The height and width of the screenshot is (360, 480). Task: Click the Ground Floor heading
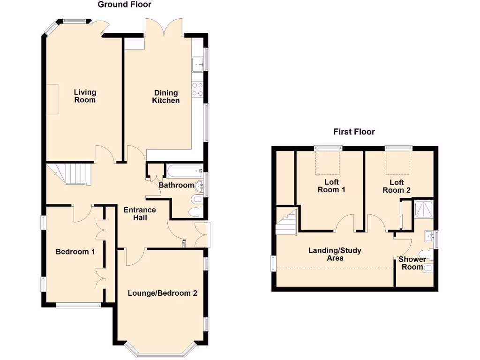tap(124, 5)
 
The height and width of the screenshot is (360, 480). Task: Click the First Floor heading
tap(354, 132)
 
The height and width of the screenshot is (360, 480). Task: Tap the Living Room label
tap(85, 96)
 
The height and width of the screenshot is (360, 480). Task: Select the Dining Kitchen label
tap(165, 97)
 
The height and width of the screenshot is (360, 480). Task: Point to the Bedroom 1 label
tap(75, 252)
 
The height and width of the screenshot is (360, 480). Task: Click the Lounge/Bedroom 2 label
tap(162, 293)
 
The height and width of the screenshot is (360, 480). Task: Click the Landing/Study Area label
tap(335, 254)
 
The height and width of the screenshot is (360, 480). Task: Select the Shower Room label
tap(412, 262)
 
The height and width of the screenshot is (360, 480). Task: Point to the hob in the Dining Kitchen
tap(197, 89)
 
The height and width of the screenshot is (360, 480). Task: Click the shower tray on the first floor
tap(423, 209)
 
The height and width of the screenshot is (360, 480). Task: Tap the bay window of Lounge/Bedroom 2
tap(159, 349)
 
